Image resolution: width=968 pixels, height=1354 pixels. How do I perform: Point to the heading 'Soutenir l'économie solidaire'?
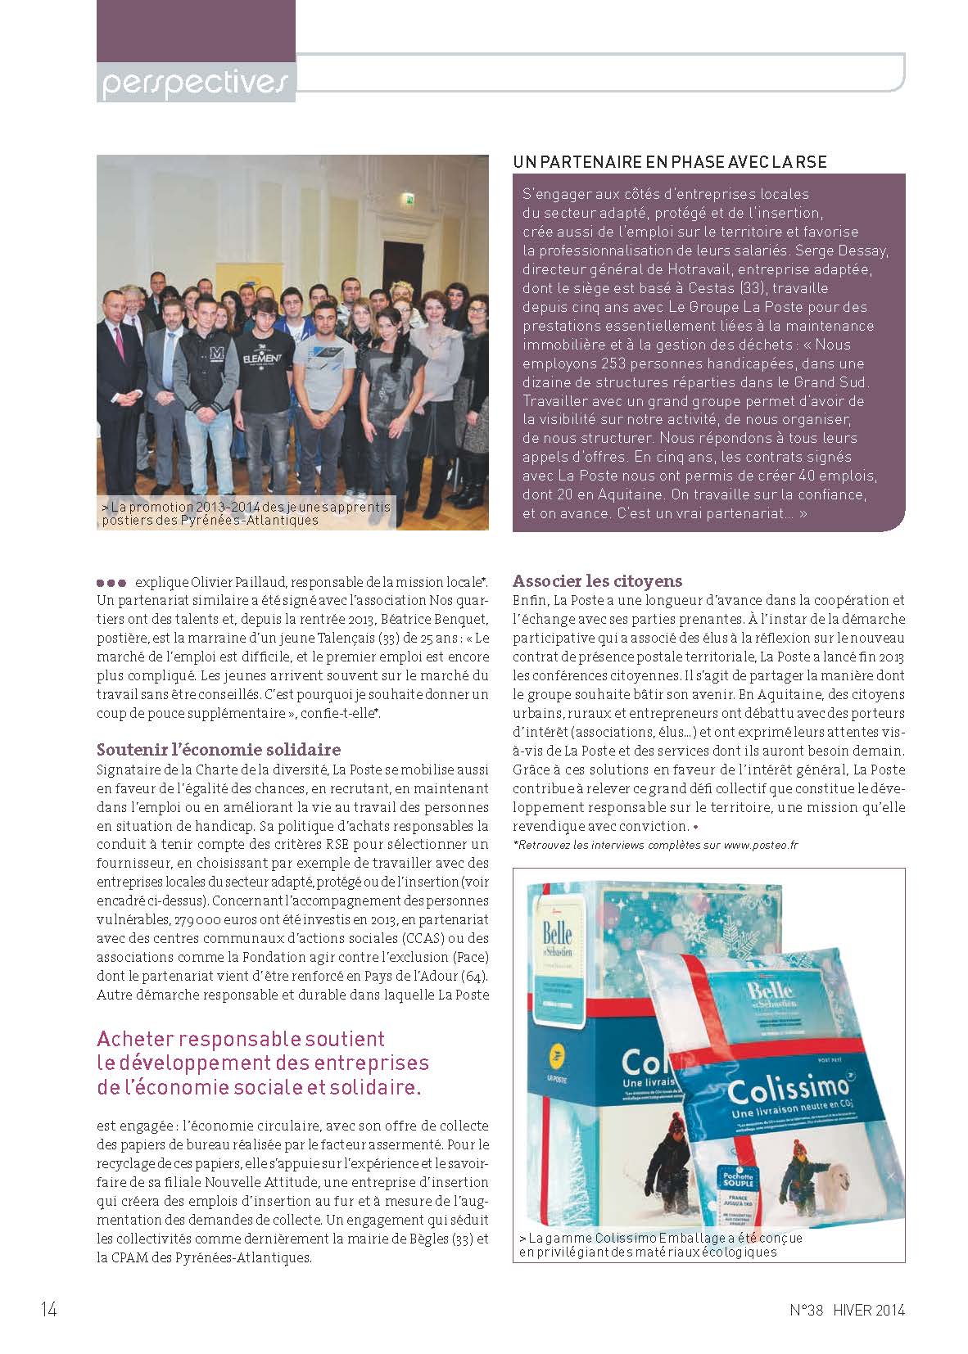(219, 750)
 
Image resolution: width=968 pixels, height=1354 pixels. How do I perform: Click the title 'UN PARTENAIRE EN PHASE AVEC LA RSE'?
(669, 162)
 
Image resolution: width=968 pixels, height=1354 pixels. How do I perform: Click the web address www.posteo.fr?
(760, 846)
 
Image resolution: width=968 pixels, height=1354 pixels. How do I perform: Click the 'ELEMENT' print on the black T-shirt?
(263, 359)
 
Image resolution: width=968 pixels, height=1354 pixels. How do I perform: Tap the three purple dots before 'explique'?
(111, 583)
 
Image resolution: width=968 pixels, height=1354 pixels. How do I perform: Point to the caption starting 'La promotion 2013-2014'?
(246, 513)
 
